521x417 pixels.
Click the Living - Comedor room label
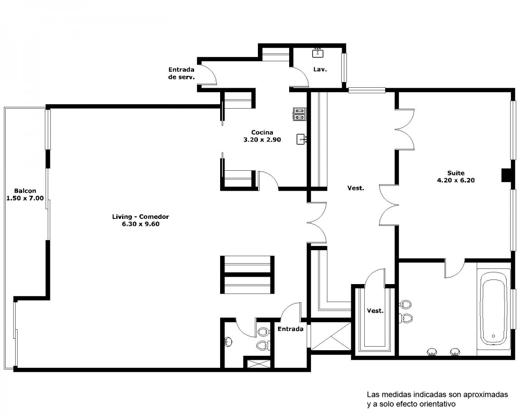(x=140, y=216)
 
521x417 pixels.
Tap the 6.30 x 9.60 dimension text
(x=140, y=224)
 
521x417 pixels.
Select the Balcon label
(x=25, y=191)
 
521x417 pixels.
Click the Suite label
(x=456, y=173)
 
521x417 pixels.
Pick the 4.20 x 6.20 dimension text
(x=456, y=180)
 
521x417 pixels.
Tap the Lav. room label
(x=320, y=69)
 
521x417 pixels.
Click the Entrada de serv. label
(x=181, y=73)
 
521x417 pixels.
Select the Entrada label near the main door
(x=290, y=329)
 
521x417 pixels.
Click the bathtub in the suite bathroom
(x=493, y=308)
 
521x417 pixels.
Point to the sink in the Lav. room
(x=317, y=53)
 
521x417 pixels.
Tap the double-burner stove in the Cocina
(x=300, y=114)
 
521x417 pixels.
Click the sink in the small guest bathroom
(x=228, y=342)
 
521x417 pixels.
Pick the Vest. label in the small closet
(x=375, y=311)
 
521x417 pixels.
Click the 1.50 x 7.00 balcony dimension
(x=25, y=198)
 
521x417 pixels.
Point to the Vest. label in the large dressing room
(x=356, y=188)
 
